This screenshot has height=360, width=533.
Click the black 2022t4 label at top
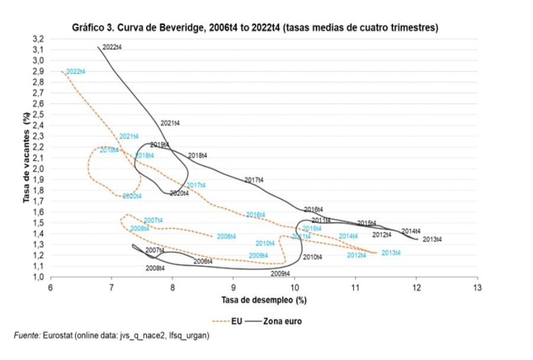pyautogui.click(x=112, y=47)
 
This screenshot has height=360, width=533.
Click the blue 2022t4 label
pyautogui.click(x=76, y=72)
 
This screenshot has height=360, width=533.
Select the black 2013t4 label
pyautogui.click(x=432, y=239)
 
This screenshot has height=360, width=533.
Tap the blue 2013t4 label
pyautogui.click(x=391, y=253)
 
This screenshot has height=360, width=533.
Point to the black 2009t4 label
pyautogui.click(x=280, y=274)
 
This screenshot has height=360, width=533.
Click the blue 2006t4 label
pyautogui.click(x=226, y=236)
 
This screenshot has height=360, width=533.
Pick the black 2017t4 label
pyautogui.click(x=254, y=180)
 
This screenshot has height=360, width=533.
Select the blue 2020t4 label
pyautogui.click(x=132, y=196)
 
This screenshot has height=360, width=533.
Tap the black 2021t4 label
pyautogui.click(x=170, y=123)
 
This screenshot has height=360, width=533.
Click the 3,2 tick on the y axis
pyautogui.click(x=38, y=38)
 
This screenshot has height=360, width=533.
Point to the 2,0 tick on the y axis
pyautogui.click(x=38, y=169)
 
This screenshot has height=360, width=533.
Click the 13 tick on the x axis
pyautogui.click(x=476, y=287)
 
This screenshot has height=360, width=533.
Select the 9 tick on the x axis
pyautogui.click(x=233, y=287)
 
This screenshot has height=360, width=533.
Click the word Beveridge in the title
pyautogui.click(x=178, y=28)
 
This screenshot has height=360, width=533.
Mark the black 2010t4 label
pyautogui.click(x=312, y=258)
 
